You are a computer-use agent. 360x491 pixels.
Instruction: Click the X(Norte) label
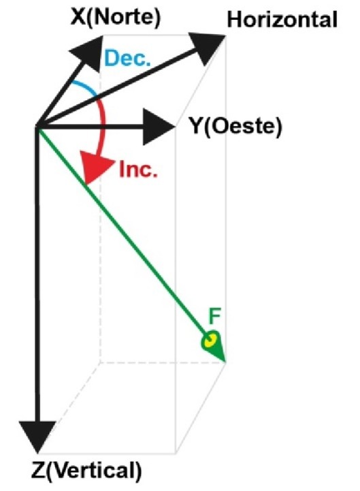coord(116,17)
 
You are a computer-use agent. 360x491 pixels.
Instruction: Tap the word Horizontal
coord(282,20)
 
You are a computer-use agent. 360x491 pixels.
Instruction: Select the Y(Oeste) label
coord(236,126)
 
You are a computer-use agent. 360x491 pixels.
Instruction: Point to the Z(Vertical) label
coord(86,471)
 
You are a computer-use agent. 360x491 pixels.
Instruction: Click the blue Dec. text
coord(127,59)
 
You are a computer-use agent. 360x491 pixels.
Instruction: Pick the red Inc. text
coord(138,170)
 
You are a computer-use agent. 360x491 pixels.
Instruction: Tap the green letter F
coord(215,316)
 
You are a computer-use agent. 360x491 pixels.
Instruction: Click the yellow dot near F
coord(210,340)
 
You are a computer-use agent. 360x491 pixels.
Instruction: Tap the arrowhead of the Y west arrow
coord(158,127)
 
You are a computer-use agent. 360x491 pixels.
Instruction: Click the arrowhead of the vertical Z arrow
coord(37,435)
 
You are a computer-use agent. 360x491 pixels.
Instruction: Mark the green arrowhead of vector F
coord(215,346)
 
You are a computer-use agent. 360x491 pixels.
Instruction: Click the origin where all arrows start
coord(37,127)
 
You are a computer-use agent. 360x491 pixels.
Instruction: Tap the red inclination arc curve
coord(103,125)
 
